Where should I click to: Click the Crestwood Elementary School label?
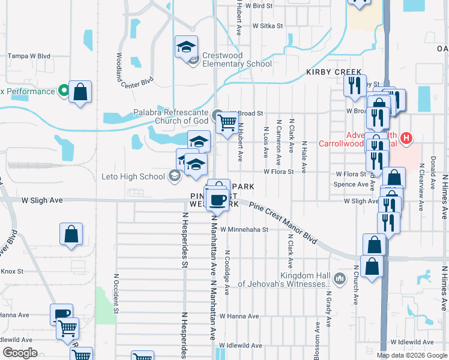pyautogui.click(x=237, y=59)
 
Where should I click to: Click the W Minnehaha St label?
pyautogui.click(x=244, y=229)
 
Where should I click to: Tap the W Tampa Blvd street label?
pyautogui.click(x=28, y=56)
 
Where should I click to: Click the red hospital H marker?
pyautogui.click(x=407, y=139)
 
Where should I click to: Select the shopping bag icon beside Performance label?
pyautogui.click(x=80, y=92)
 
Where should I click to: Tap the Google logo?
pyautogui.click(x=20, y=353)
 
